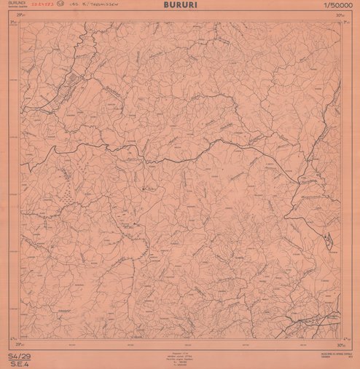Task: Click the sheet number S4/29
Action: pyautogui.click(x=16, y=353)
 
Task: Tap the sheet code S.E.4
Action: pyautogui.click(x=15, y=361)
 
